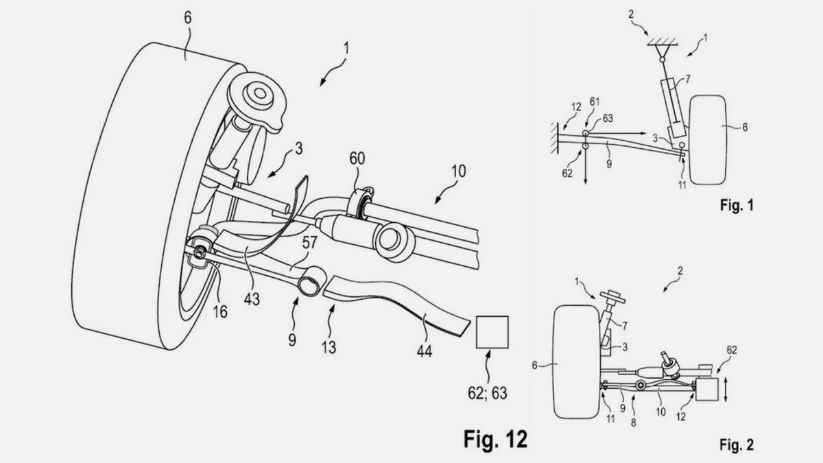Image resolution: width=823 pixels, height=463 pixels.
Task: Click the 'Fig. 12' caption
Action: coord(495,439)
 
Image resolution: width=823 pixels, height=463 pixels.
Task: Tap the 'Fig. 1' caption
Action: coord(737,205)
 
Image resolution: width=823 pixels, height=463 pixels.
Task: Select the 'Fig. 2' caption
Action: coord(737,444)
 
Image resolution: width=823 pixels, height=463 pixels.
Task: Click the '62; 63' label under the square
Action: coord(487,393)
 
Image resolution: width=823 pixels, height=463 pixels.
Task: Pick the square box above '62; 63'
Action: coord(492,332)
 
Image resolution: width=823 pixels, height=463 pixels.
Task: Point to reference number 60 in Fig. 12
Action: coord(357,158)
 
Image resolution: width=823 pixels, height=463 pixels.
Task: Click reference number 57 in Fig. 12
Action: coord(310,243)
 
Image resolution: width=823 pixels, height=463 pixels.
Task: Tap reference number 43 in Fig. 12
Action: coord(252,299)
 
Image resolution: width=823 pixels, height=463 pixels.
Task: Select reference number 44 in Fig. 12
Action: coord(425,352)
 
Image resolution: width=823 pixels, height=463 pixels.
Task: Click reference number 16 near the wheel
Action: coord(220,311)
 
